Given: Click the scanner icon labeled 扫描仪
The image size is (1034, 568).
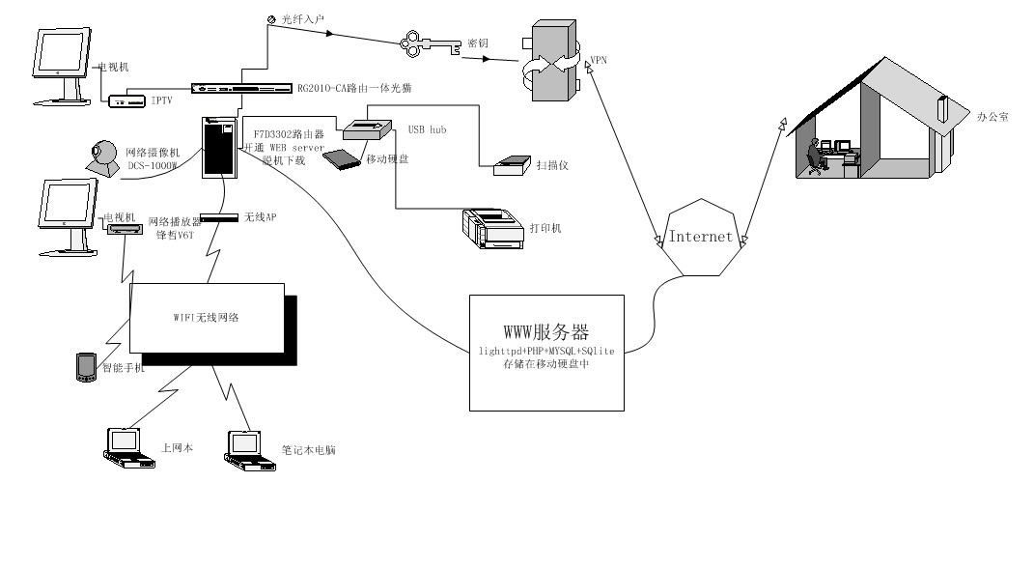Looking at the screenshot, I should (512, 166).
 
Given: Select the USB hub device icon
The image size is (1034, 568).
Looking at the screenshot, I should (366, 130).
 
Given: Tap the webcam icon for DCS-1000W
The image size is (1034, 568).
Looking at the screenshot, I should (102, 157).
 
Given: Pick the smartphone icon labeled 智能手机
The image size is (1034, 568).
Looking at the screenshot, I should (86, 366).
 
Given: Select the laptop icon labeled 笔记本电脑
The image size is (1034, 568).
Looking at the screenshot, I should (244, 449).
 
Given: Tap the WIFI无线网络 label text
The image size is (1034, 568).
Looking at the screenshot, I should (206, 316).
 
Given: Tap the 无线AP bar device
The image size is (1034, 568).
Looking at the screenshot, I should (219, 217).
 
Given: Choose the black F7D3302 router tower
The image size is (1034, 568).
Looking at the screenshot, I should (218, 147).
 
